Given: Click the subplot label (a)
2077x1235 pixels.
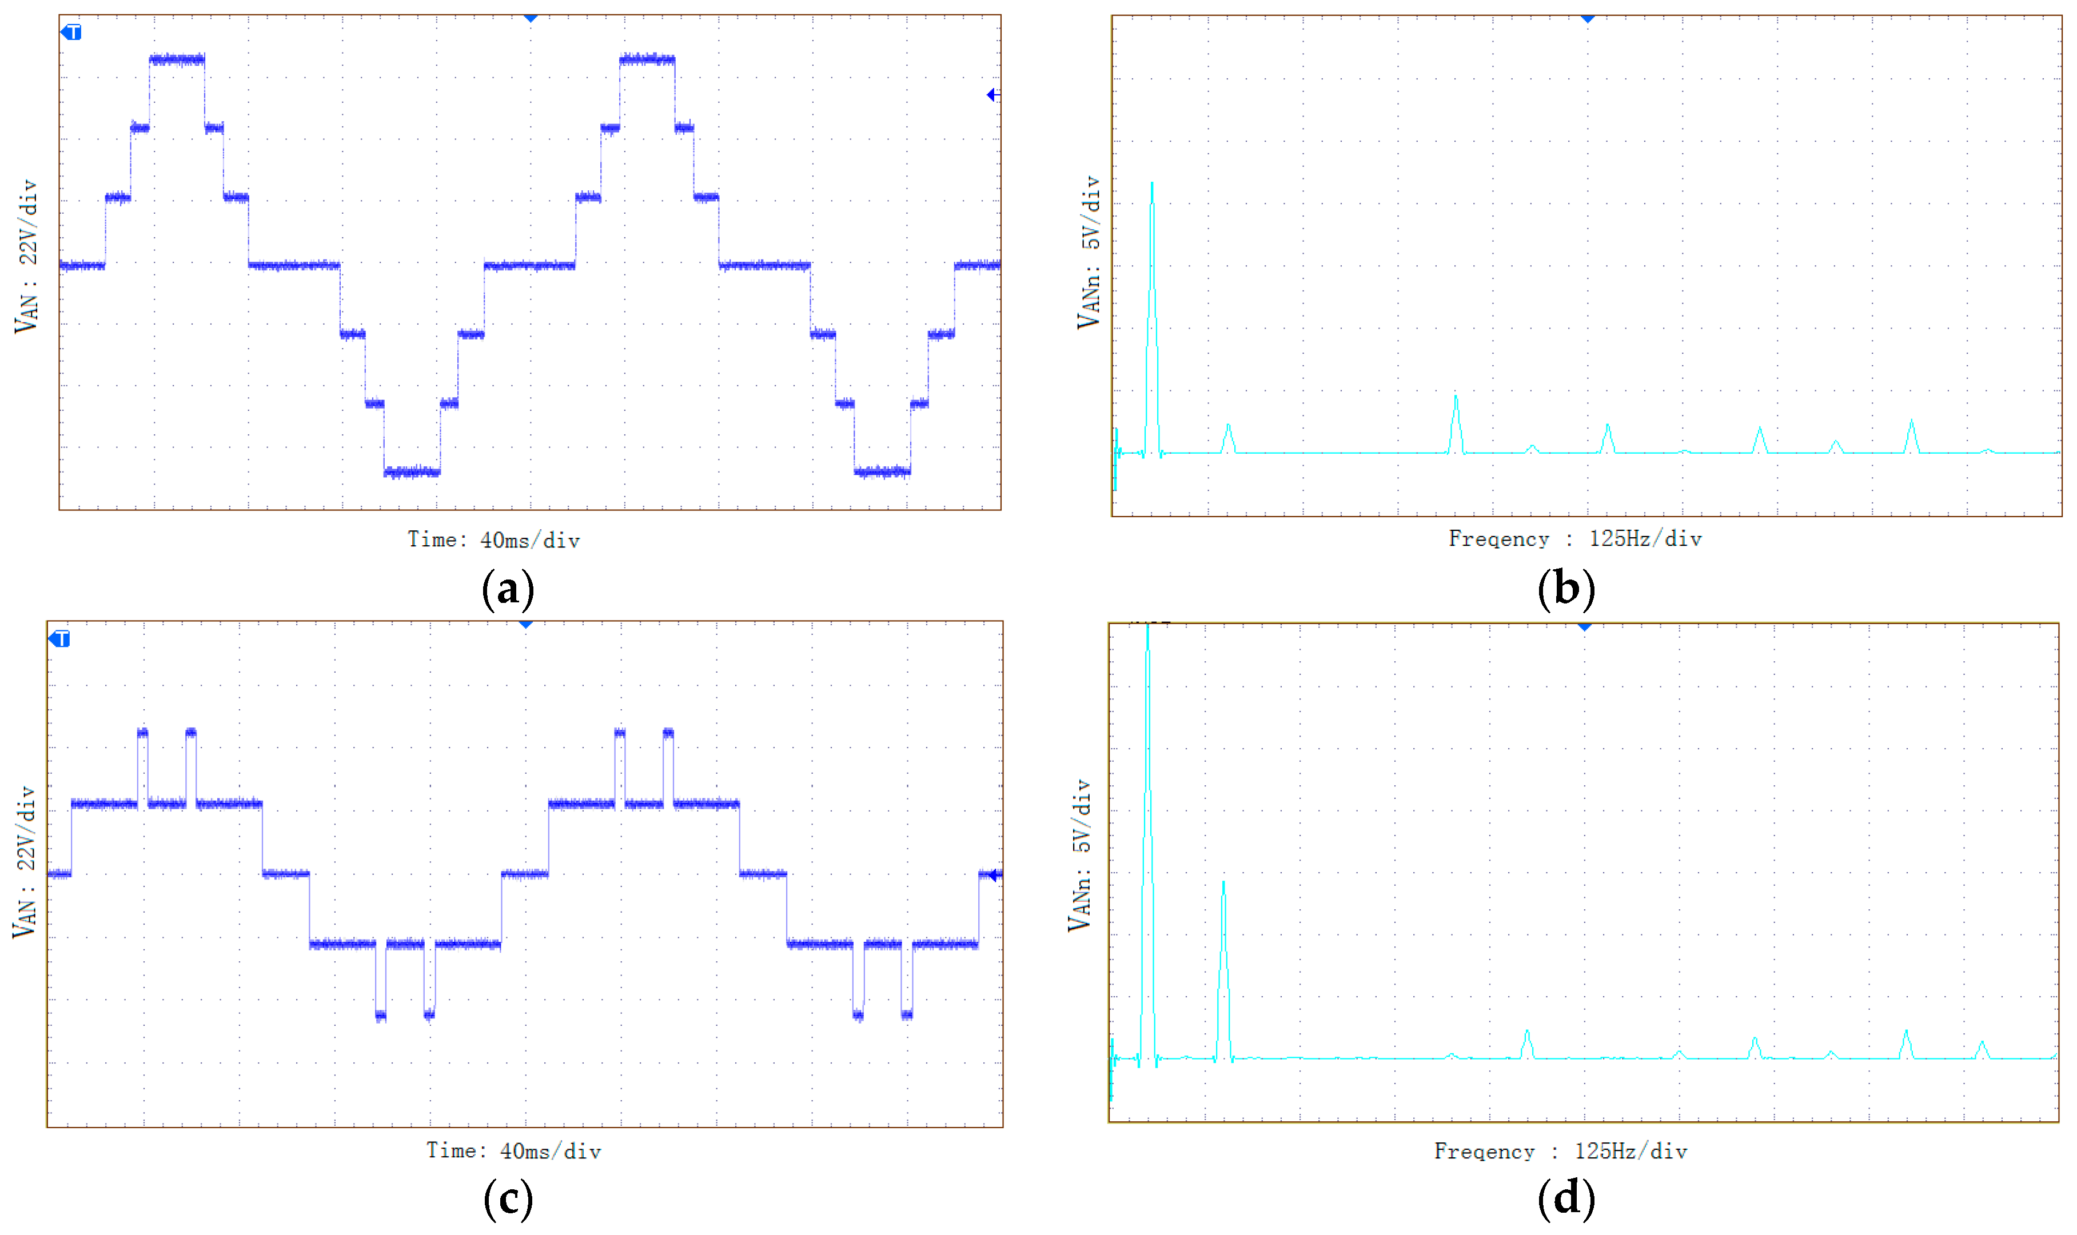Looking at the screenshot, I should click(508, 590).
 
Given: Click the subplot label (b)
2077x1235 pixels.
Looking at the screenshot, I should click(1566, 590).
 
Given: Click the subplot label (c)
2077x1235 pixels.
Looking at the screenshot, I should click(508, 1199).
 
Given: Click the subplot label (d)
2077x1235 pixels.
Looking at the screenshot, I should click(1566, 1199).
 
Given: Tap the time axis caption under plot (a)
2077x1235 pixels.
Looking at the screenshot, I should click(493, 540).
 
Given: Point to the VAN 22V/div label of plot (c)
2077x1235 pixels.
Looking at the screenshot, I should click(24, 862).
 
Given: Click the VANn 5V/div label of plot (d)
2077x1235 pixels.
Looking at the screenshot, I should click(1079, 856).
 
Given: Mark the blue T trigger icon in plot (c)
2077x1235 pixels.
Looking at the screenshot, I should click(60, 639).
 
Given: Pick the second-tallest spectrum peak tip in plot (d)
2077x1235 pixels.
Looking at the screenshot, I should click(1223, 883).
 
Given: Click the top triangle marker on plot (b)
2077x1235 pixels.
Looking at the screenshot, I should click(1588, 18).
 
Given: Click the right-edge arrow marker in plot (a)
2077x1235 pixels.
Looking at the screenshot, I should click(991, 95).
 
